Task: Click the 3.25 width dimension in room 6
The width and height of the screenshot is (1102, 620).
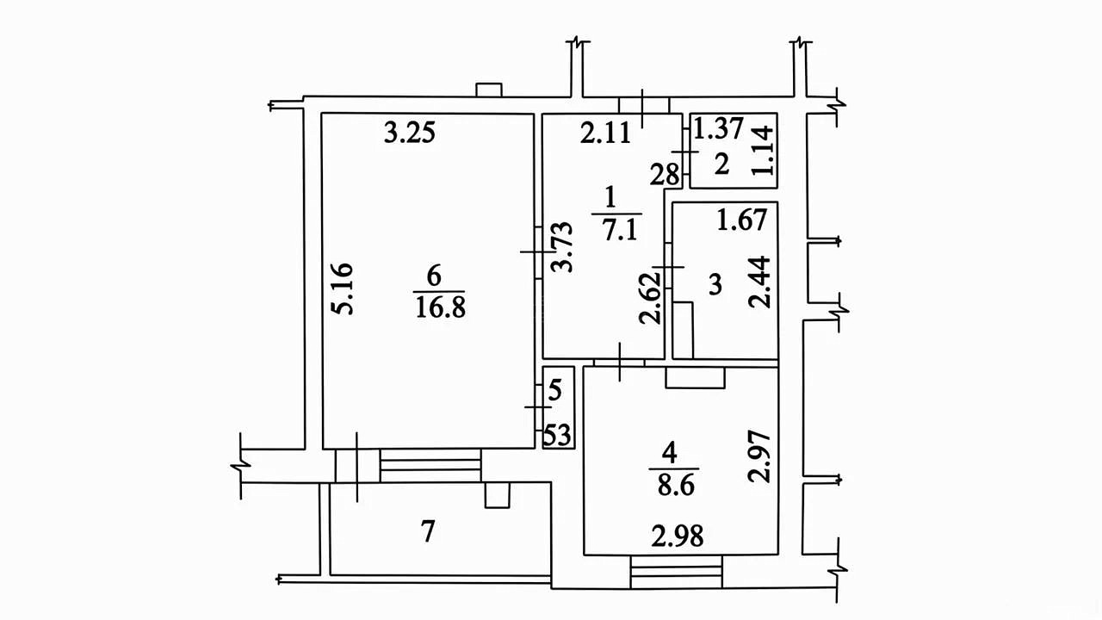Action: coord(409,133)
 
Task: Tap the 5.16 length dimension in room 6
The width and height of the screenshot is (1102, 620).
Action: coord(343,288)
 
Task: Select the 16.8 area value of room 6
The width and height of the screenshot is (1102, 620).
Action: coord(440,309)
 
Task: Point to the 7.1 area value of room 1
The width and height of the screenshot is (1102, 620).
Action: coord(620,230)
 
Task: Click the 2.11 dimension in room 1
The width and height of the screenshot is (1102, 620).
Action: coord(605,133)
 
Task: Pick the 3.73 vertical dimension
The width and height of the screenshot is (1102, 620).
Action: coord(562,247)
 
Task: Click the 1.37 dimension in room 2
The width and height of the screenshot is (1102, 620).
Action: coord(718,128)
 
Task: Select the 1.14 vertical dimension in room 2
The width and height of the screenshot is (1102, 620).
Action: coord(763,150)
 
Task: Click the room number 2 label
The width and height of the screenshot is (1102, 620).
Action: coord(721,164)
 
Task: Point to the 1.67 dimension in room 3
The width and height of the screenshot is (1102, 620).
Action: coord(742,220)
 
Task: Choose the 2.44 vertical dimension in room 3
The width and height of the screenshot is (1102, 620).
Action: coord(759,282)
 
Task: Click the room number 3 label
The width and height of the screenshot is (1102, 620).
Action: coord(715,284)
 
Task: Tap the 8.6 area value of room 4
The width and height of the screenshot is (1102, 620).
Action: coord(676,487)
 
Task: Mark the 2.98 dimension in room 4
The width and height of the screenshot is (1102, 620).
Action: coord(678,536)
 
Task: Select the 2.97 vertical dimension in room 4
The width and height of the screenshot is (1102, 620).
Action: coord(758,456)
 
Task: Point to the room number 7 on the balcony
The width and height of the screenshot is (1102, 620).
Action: coord(428,532)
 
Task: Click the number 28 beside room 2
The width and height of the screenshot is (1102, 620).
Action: coord(665,175)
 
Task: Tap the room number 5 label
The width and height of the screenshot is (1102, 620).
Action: coord(554,390)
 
